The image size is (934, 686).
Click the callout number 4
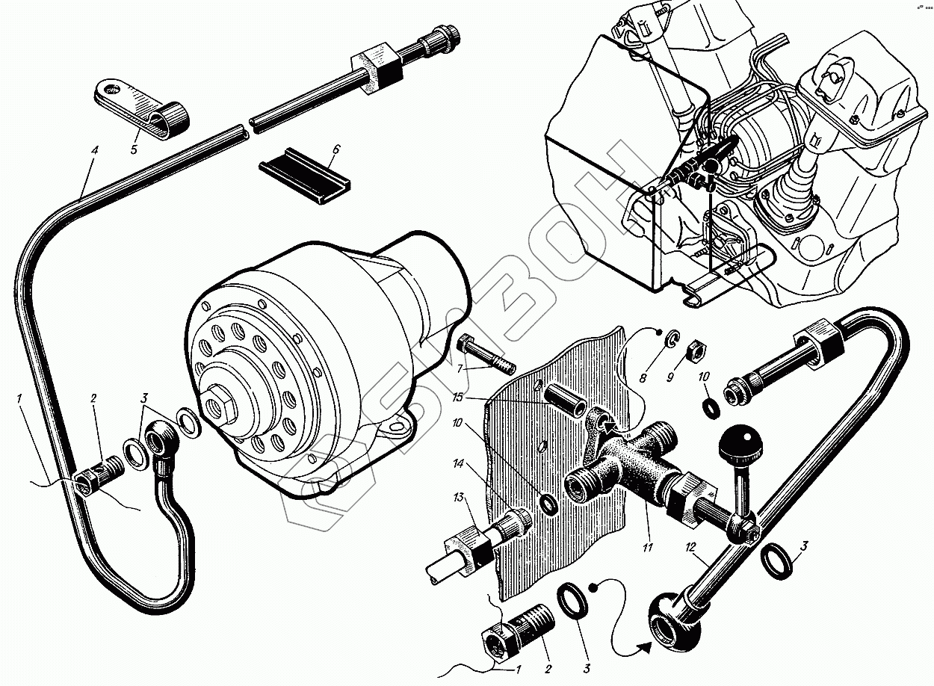[x=94, y=150]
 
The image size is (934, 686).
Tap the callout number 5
[x=134, y=149]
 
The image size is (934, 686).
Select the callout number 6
[x=335, y=149]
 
